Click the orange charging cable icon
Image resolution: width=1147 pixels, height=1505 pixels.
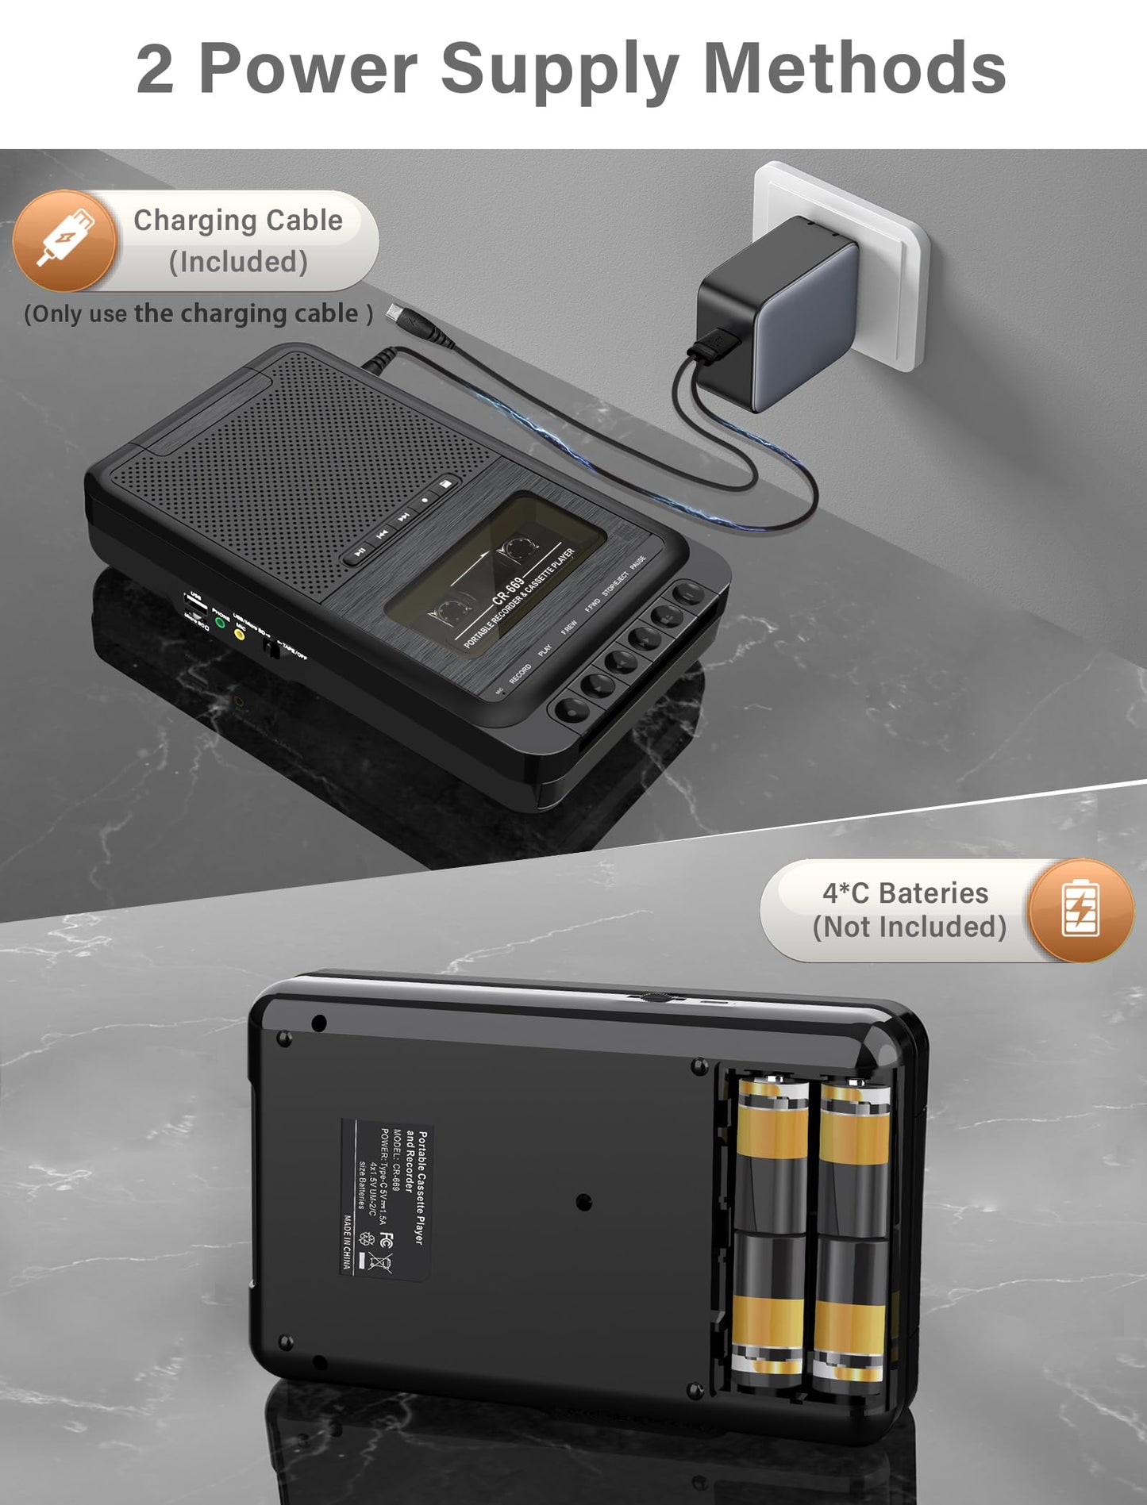[x=64, y=240]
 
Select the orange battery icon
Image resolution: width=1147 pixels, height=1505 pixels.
[x=1080, y=910]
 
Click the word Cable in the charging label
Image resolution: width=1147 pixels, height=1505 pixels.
[x=304, y=221]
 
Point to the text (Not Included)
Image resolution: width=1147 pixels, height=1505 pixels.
[x=909, y=927]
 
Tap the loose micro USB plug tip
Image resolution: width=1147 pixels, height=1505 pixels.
[x=394, y=312]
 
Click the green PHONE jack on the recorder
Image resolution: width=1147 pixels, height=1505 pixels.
[x=221, y=623]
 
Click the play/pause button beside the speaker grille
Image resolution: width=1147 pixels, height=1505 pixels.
[x=360, y=551]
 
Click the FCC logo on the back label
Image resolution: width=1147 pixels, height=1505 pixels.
[x=387, y=1238]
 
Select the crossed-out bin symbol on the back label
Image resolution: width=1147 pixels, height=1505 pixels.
[x=380, y=1262]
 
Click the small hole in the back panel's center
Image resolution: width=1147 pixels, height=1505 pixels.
[x=583, y=1201]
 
